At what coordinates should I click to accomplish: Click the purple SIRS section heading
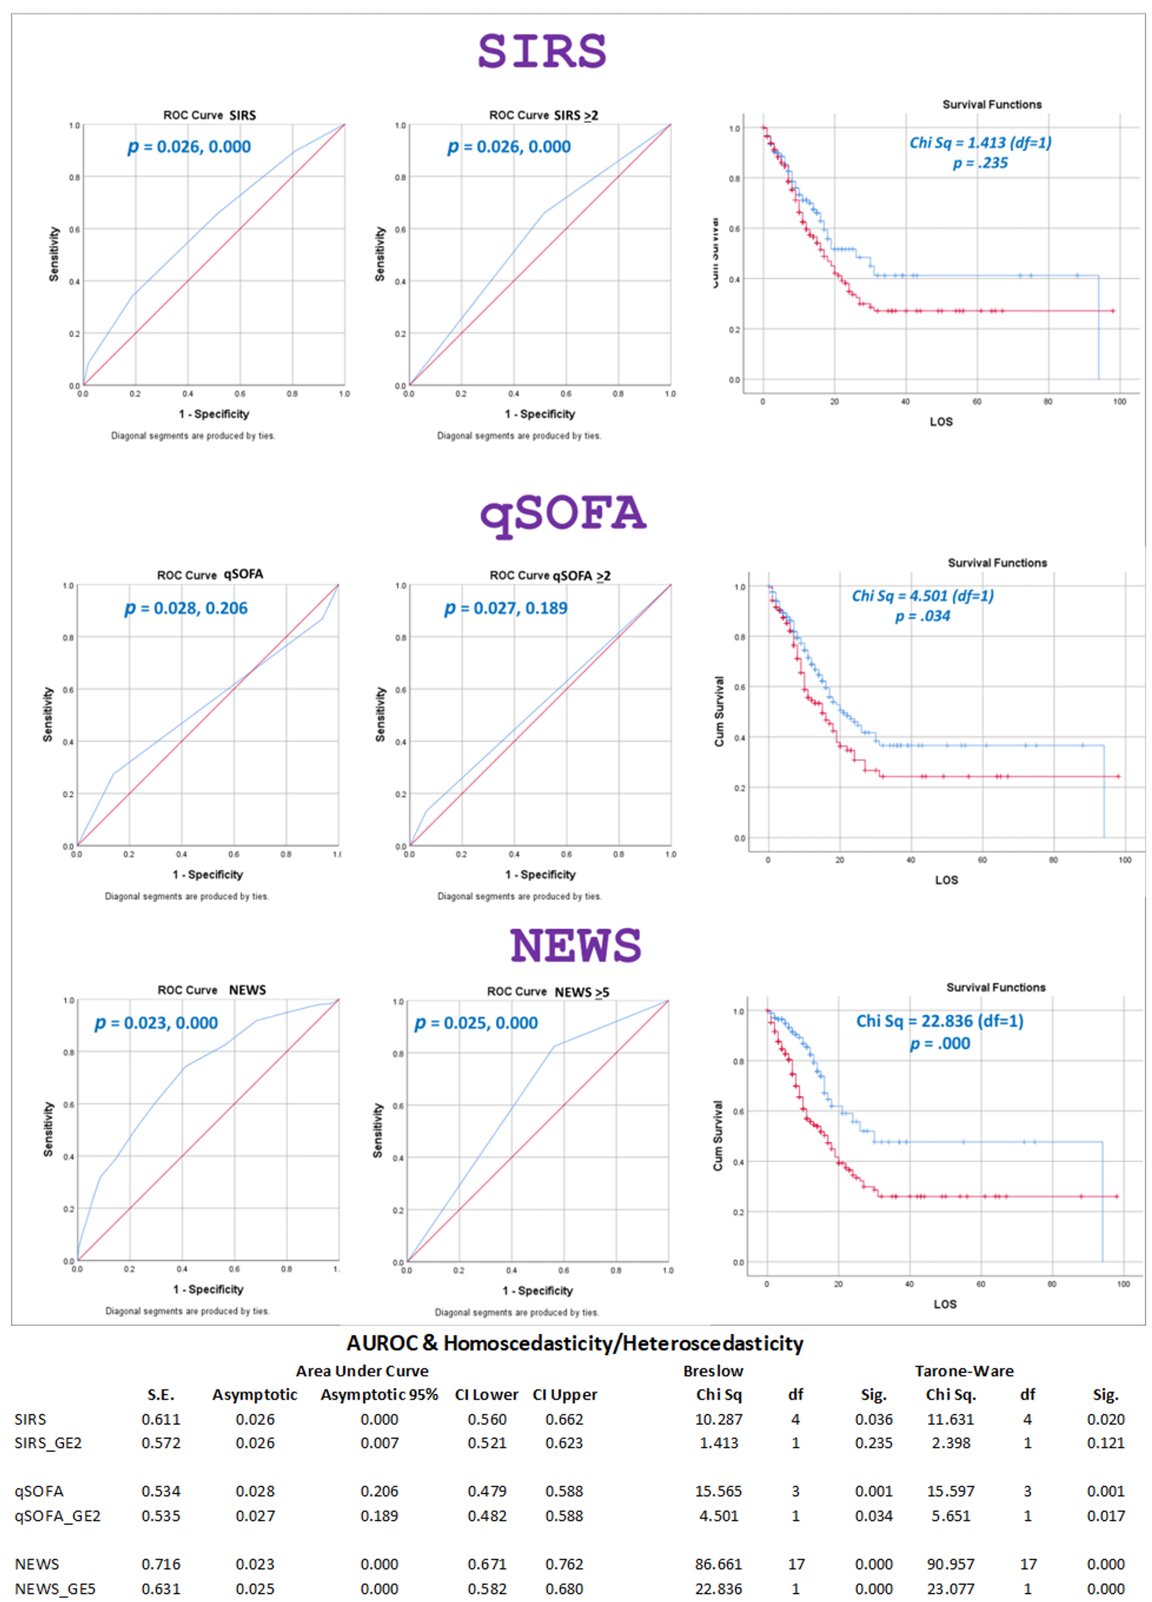tap(542, 51)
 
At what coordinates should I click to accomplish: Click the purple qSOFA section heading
tap(562, 514)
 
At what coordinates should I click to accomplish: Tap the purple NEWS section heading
tap(575, 945)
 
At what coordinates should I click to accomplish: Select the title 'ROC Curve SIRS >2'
tap(543, 115)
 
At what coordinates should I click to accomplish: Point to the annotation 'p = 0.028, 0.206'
tap(187, 608)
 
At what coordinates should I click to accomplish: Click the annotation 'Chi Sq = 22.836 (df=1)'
tap(939, 1021)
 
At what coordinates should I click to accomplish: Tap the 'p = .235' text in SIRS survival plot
tap(979, 163)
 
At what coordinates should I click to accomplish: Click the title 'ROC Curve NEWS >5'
tap(547, 992)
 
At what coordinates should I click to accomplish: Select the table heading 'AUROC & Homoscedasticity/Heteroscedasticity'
tap(575, 1343)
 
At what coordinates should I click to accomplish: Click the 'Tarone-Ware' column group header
tap(964, 1371)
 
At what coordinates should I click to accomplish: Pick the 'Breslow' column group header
tap(713, 1371)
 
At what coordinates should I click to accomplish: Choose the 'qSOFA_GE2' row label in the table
tap(58, 1516)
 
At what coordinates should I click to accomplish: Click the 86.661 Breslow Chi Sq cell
tap(718, 1565)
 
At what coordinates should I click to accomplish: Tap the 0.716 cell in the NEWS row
tap(160, 1565)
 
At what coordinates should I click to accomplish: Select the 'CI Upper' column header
tap(565, 1395)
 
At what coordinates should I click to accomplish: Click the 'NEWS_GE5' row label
tap(55, 1589)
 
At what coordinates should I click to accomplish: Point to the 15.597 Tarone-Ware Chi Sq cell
tap(950, 1491)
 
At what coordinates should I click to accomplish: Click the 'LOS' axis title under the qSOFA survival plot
tap(946, 880)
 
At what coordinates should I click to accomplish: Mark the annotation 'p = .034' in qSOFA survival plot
tap(923, 616)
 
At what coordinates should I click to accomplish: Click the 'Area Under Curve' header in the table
tap(362, 1371)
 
